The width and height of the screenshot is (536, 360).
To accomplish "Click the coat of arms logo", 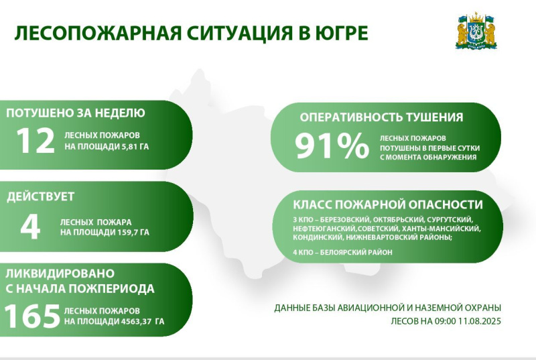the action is coord(476,31).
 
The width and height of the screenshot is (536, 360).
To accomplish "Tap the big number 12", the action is coord(36,141).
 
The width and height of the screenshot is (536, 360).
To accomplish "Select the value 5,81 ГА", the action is coord(135,147).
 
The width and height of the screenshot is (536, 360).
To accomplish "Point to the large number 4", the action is coord(30,227).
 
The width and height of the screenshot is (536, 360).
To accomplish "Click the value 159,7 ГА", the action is coord(133,233).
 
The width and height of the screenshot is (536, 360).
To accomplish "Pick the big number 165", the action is coord(32,316).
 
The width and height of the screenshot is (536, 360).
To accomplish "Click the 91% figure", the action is coord(332,146).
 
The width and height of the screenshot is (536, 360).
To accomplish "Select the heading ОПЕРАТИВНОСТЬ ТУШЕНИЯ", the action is coord(381,117).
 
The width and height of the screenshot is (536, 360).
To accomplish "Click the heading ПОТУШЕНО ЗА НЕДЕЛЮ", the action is coord(76,113).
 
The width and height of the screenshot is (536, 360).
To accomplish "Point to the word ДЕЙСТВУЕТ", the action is coord(41,196).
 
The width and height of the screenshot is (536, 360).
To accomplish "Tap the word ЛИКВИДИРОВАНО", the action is coord(60,274).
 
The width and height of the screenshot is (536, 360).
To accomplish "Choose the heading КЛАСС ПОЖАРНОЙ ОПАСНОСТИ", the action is coord(388,204).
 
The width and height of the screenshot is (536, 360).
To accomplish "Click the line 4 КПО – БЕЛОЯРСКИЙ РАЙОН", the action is coord(342,252).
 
